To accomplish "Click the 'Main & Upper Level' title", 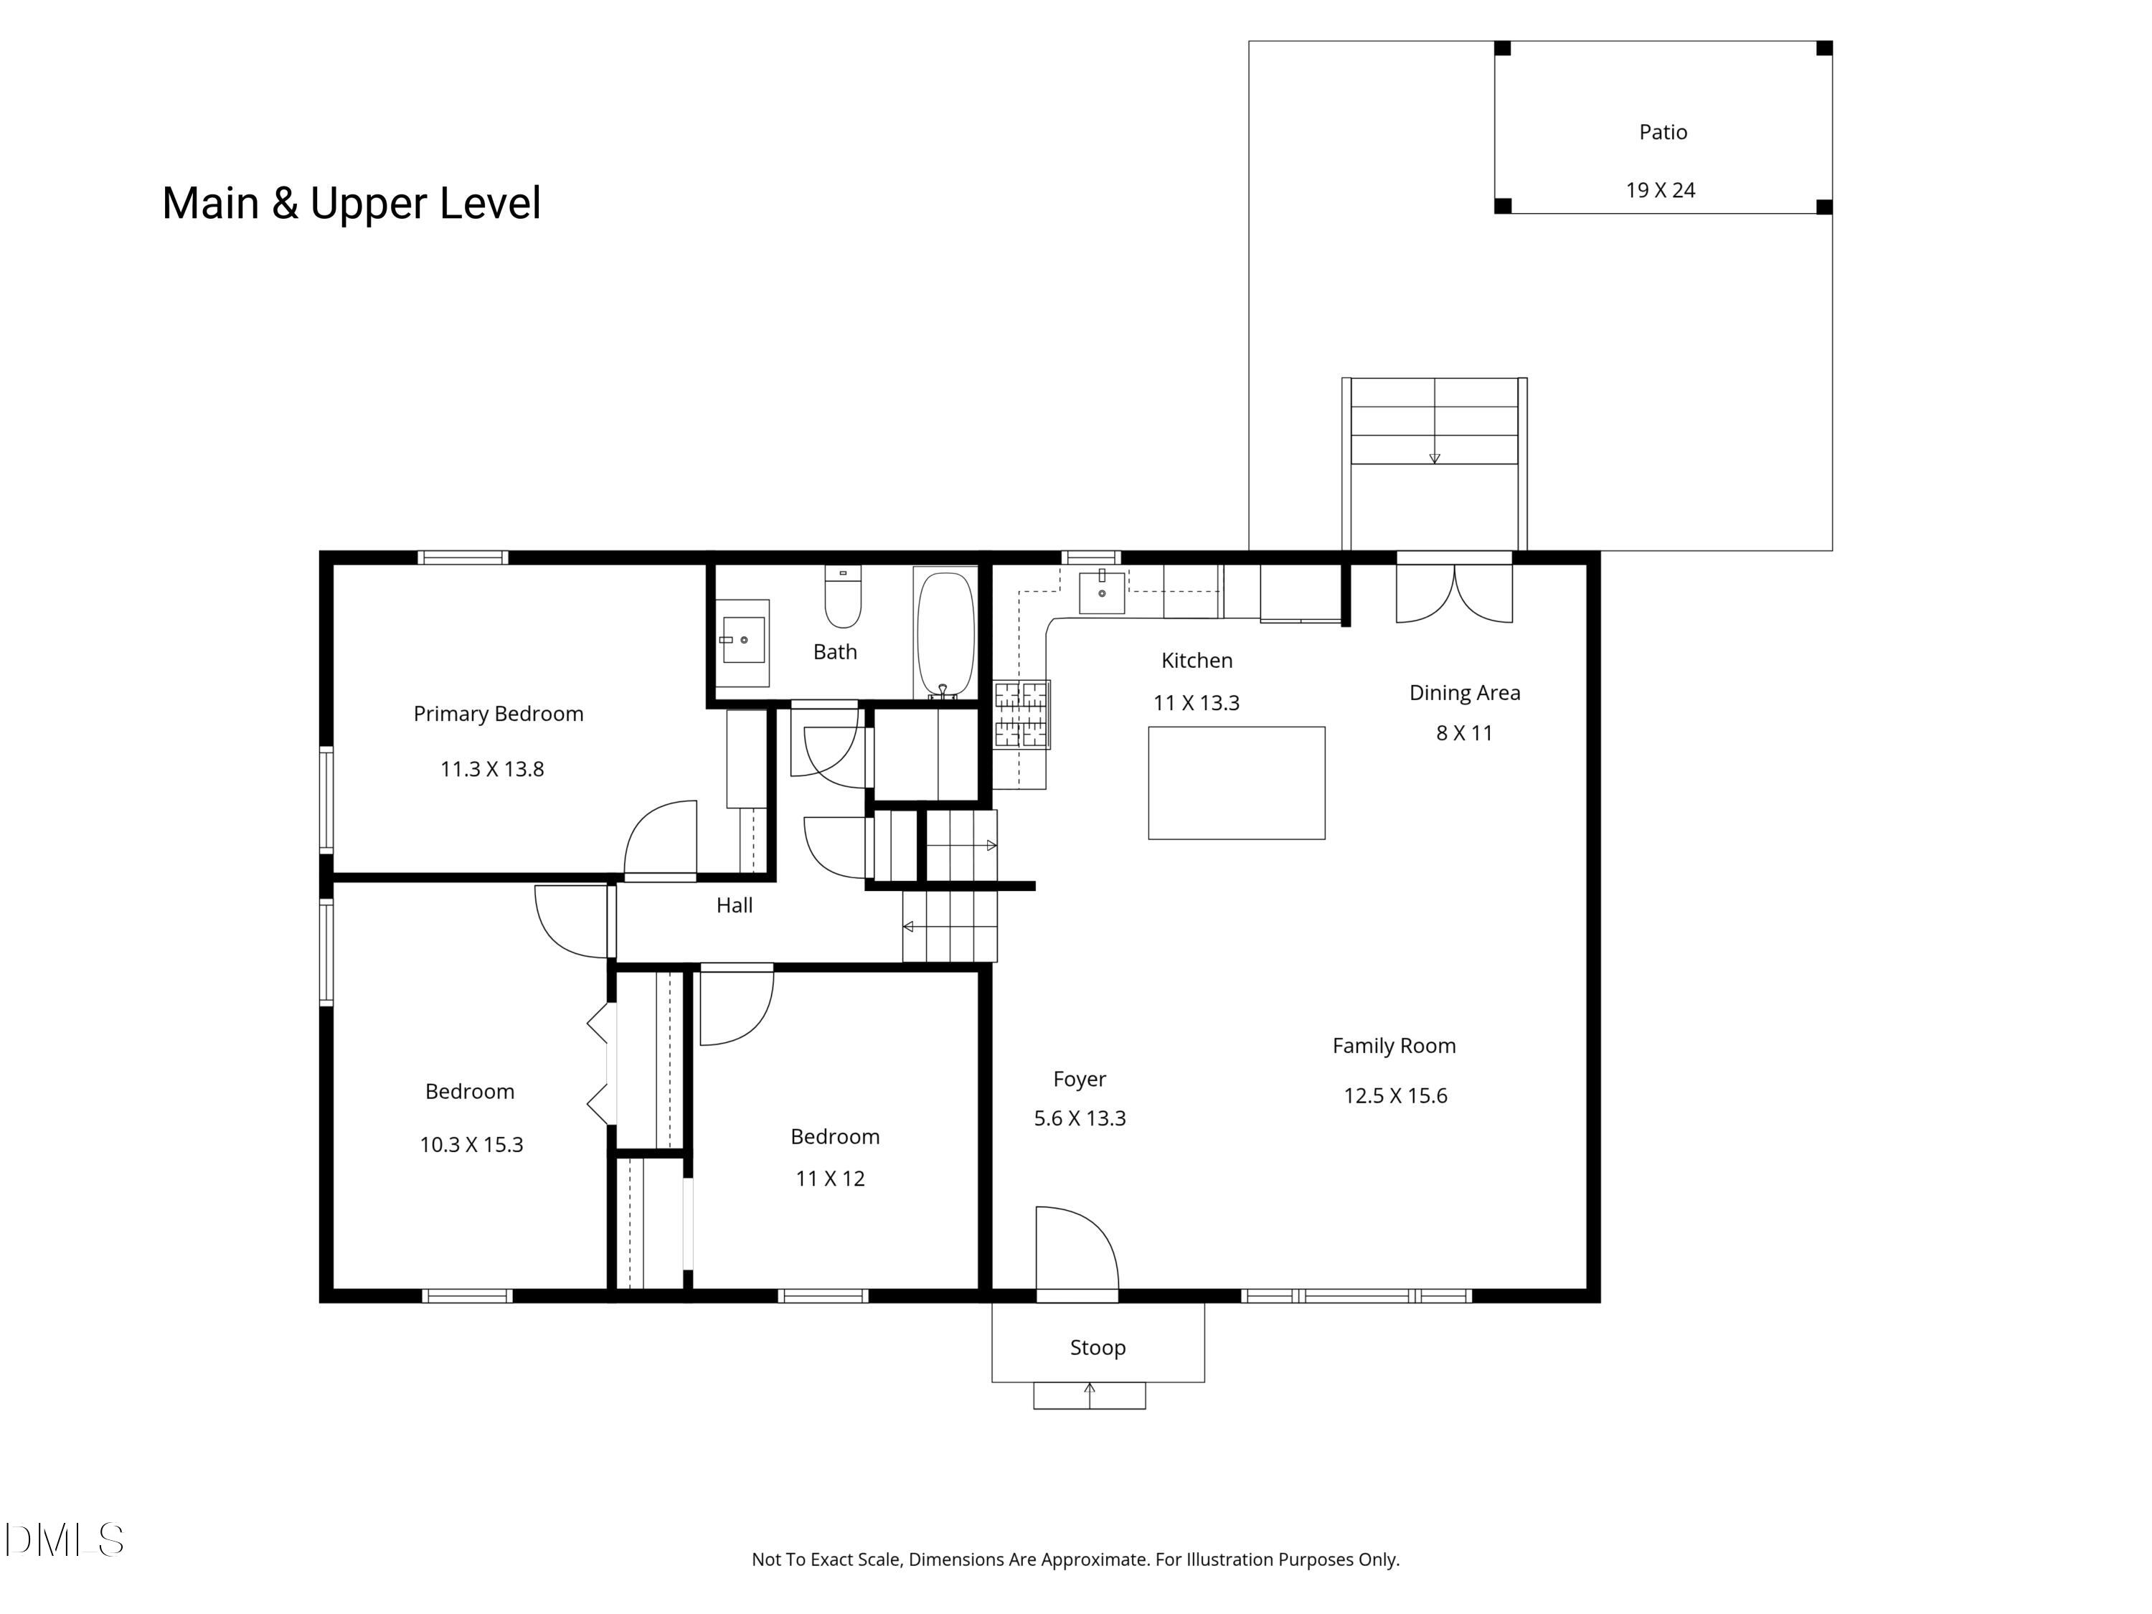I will click(351, 203).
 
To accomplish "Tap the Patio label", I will click(1663, 132).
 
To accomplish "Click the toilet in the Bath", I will click(843, 598).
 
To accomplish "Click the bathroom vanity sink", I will click(742, 639).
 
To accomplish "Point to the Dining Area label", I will click(1464, 693).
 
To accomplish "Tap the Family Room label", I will click(1393, 1046).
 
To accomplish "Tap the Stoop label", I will click(1098, 1347).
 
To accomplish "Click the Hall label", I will click(735, 906).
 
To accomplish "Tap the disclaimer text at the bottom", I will click(1075, 1559).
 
